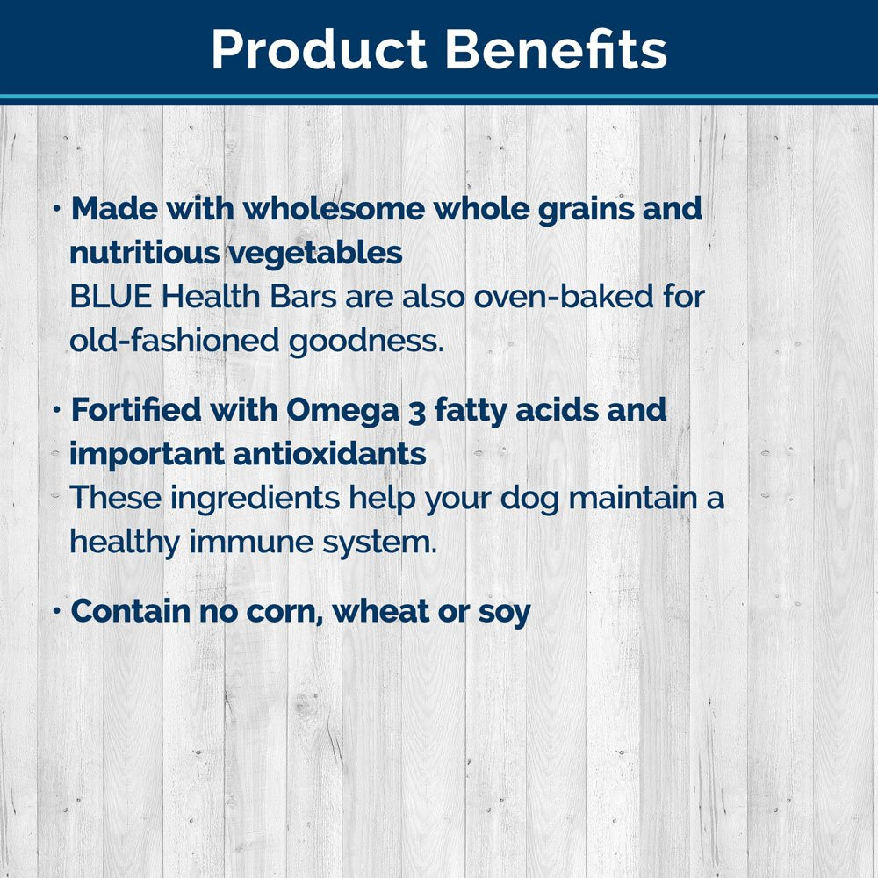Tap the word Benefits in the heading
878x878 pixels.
[556, 48]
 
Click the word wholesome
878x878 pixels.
[334, 209]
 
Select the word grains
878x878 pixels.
[586, 211]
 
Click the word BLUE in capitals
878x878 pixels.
[111, 297]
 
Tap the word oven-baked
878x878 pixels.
[564, 296]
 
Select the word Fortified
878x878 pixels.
[135, 409]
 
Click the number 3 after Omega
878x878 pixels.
[417, 412]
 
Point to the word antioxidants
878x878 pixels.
[329, 454]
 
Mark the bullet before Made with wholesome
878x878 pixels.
[56, 209]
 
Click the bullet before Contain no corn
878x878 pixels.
[56, 611]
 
